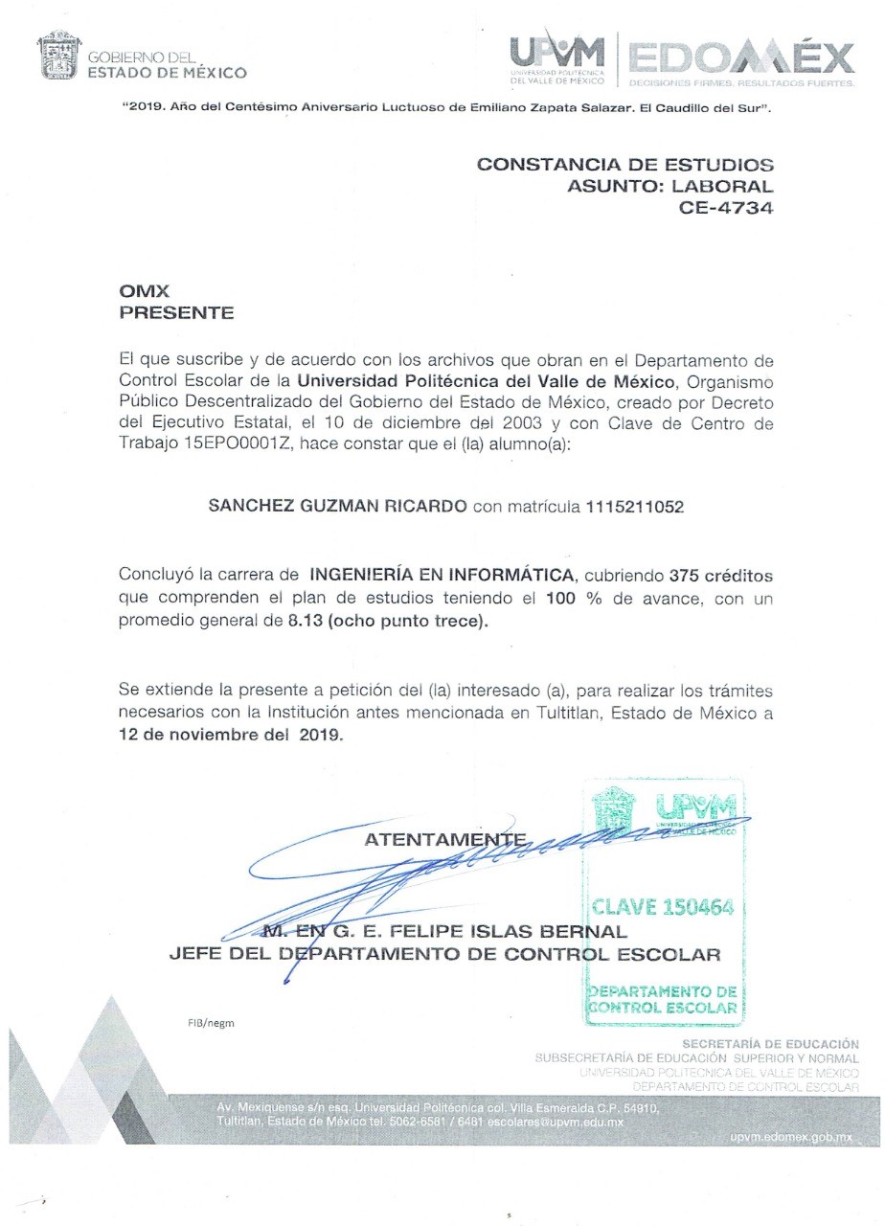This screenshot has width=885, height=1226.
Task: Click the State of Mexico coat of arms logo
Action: pos(58,57)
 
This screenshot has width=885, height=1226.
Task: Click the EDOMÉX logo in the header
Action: pos(738,59)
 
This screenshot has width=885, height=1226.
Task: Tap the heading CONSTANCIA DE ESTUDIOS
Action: pos(624,164)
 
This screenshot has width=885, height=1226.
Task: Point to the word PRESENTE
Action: pos(176,313)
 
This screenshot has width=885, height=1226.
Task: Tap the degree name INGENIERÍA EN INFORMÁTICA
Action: pos(442,576)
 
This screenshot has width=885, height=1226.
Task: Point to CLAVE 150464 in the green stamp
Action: pos(664,906)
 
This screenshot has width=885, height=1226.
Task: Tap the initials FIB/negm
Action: pos(210,1022)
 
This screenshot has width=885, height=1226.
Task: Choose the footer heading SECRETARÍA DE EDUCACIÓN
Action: pos(770,1043)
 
